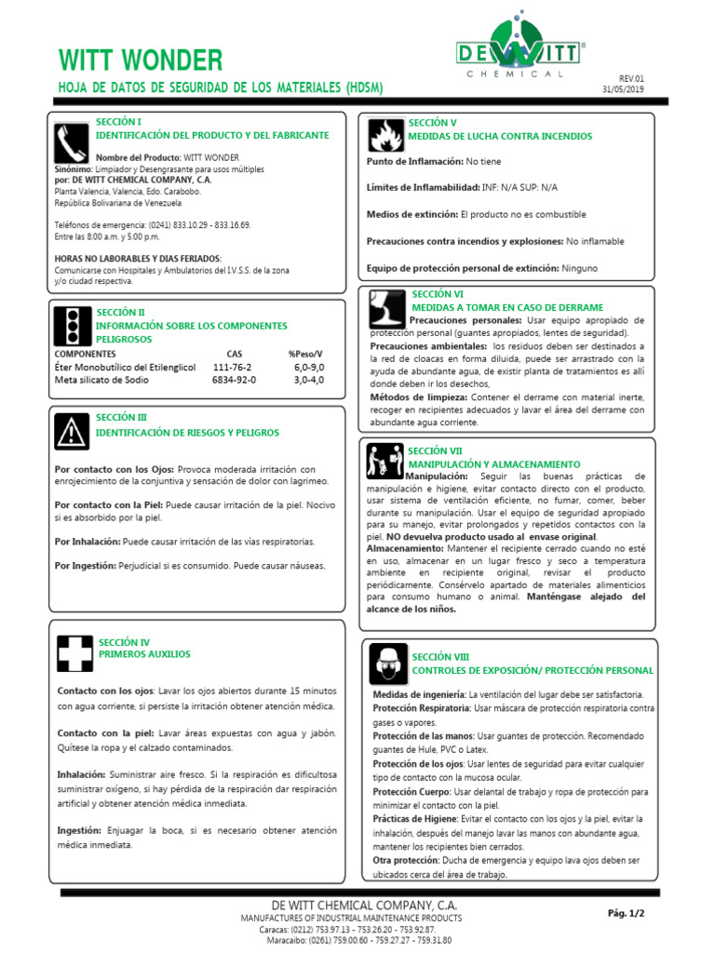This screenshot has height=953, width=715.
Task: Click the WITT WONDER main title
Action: pos(141,60)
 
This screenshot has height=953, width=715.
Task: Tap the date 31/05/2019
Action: pos(623,89)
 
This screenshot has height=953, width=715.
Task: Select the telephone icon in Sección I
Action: pos(70,141)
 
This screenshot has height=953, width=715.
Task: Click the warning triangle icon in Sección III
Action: pos(71,430)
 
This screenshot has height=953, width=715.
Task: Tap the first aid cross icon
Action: pos(72,652)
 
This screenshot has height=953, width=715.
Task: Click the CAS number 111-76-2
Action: pos(233,368)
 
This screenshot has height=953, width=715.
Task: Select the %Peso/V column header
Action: pos(305,355)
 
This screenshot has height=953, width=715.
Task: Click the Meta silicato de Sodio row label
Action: pos(101,380)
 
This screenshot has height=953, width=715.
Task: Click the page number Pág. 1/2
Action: pos(626,913)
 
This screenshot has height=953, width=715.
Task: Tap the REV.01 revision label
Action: pos(631,78)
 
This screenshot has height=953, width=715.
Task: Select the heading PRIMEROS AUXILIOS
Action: pos(144,654)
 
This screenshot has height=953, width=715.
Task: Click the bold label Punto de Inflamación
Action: pos(414,161)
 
